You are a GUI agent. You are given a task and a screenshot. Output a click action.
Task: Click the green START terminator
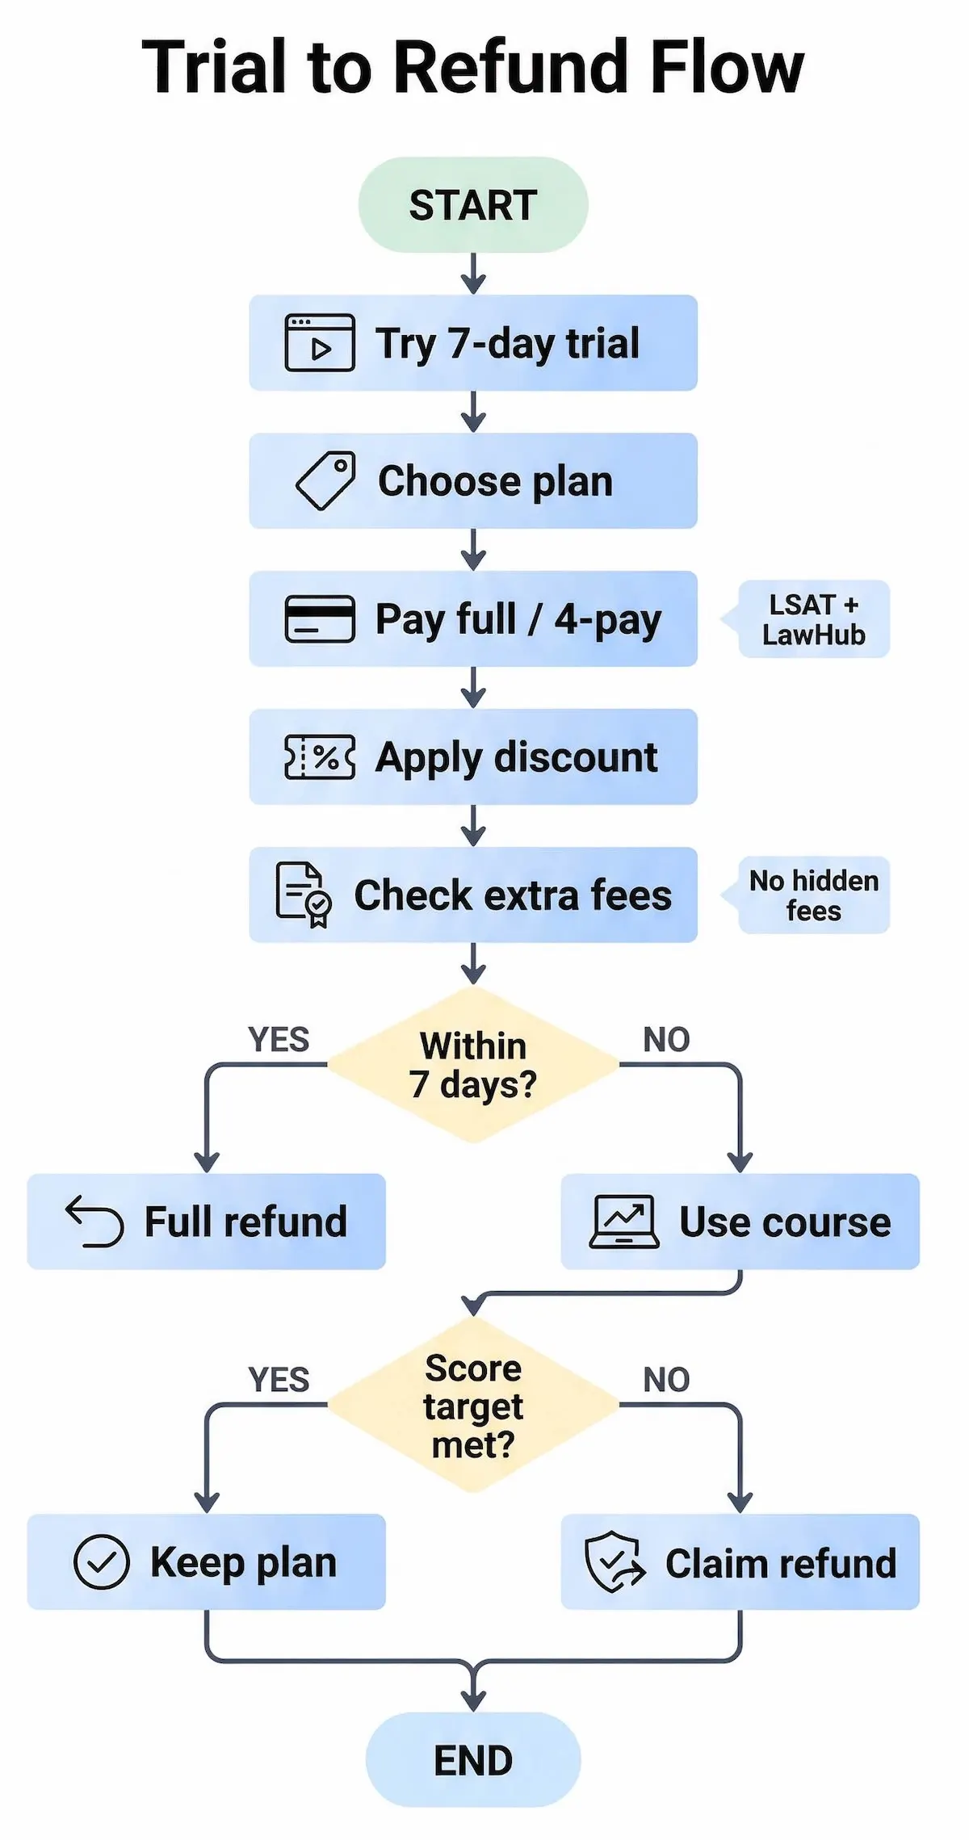point(473,204)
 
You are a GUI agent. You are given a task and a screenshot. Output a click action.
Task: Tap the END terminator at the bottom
point(473,1760)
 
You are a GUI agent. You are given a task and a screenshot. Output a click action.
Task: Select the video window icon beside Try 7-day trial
point(320,343)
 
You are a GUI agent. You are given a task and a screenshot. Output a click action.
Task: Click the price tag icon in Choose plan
point(325,480)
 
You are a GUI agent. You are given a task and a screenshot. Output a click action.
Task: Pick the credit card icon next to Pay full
point(320,619)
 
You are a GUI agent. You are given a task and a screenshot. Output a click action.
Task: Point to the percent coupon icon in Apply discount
point(320,757)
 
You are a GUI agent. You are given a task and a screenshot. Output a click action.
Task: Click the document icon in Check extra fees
point(303,895)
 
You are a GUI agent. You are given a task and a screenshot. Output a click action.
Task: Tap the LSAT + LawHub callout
point(813,619)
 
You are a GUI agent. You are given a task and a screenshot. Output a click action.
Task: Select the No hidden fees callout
point(813,895)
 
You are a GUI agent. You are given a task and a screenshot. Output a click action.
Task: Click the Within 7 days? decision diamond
point(473,1065)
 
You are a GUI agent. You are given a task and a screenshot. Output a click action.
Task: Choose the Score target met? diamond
point(473,1406)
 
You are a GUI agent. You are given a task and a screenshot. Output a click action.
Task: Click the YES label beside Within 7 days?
point(279,1040)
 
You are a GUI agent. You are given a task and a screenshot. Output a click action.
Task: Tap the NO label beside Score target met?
point(666,1380)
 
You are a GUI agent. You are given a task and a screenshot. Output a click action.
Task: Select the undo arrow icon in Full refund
point(94,1222)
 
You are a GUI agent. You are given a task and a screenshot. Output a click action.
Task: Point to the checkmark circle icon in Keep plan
point(102,1562)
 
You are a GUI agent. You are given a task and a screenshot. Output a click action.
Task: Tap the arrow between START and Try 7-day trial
point(473,273)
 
